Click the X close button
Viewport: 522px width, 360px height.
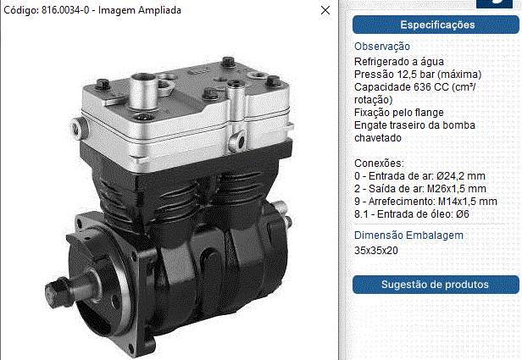point(325,10)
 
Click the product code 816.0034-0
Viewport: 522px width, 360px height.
point(65,10)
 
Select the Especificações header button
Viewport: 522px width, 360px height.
point(436,25)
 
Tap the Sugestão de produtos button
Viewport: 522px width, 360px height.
point(436,285)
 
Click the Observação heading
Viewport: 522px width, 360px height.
point(382,47)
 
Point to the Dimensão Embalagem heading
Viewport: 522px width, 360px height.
point(408,235)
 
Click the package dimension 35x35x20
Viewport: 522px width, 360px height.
point(376,250)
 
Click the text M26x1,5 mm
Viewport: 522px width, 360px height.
point(457,189)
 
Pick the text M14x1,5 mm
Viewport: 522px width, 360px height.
point(468,202)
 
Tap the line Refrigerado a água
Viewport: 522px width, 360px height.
point(399,62)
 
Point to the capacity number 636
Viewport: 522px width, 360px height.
point(422,87)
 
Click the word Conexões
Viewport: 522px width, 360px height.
point(379,163)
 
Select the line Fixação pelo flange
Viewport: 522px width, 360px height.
point(399,113)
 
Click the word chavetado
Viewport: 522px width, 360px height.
point(378,138)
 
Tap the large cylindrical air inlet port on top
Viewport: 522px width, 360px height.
point(143,91)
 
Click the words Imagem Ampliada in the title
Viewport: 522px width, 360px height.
point(140,10)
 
